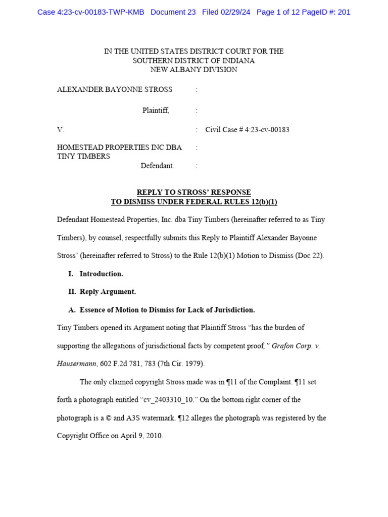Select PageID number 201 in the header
[x=344, y=12]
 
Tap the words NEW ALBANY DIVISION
[x=193, y=70]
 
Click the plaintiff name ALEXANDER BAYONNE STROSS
[x=115, y=89]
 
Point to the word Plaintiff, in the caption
[x=156, y=111]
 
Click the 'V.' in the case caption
[x=61, y=130]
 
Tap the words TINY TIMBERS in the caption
[x=83, y=157]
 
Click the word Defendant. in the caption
[x=157, y=166]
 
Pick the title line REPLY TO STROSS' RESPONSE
[x=193, y=192]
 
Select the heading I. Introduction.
[x=96, y=274]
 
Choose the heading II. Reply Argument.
[x=102, y=292]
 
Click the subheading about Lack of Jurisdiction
[x=162, y=310]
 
